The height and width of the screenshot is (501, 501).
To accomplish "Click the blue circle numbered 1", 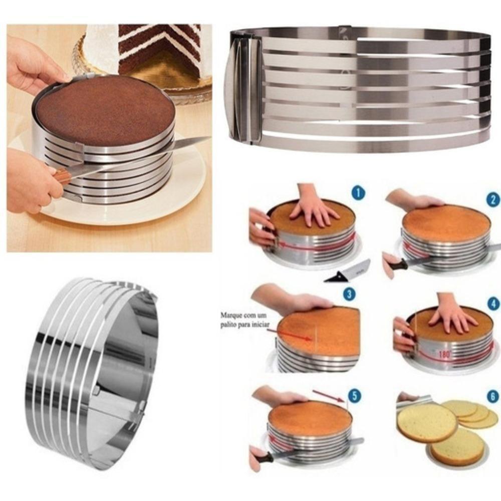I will pos(358,193).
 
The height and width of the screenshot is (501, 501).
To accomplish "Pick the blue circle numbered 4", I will pos(493,304).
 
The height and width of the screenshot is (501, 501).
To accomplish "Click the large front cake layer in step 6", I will pos(427,422).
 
